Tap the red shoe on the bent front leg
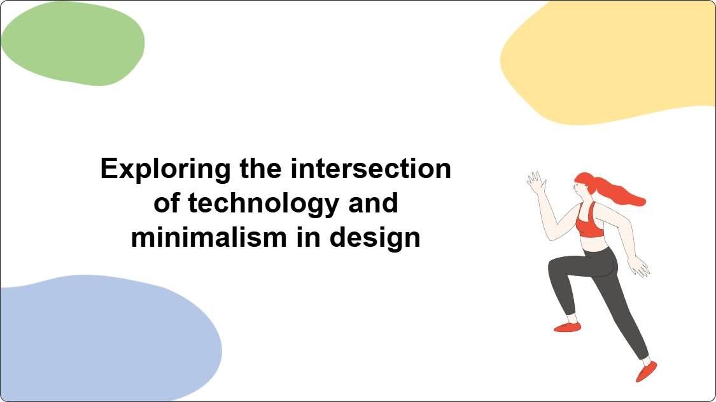(x=567, y=327)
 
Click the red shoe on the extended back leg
(x=647, y=371)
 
